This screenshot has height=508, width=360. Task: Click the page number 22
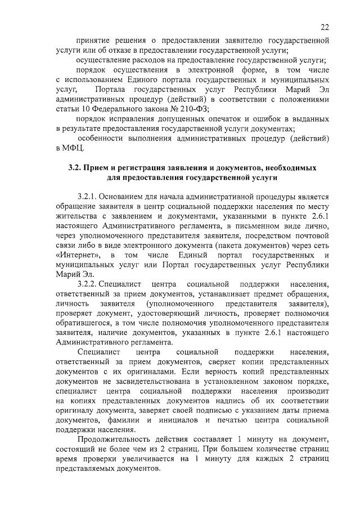pos(325,27)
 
